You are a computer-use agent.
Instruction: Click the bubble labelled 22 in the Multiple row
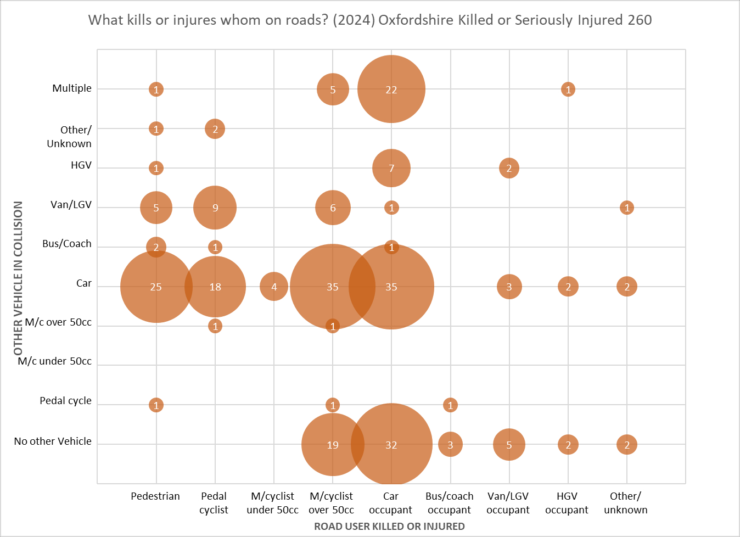click(x=391, y=89)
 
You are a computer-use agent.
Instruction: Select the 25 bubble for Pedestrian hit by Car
click(x=156, y=287)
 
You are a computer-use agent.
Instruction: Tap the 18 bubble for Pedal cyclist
click(x=215, y=287)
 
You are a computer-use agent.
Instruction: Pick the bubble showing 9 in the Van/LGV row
click(x=215, y=208)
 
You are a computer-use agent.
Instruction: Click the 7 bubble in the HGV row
click(x=391, y=168)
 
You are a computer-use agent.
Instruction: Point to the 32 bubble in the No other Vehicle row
click(x=391, y=445)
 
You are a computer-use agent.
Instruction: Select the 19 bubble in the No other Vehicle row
click(x=332, y=445)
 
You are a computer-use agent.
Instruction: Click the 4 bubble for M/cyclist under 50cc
click(x=274, y=287)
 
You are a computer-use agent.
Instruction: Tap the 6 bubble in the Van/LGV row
click(x=333, y=208)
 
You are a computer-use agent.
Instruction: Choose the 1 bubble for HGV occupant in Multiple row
click(x=568, y=89)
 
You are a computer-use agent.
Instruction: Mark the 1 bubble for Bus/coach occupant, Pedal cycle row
click(x=450, y=405)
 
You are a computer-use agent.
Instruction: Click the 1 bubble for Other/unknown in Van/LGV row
click(x=627, y=208)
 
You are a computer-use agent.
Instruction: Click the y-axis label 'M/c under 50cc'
click(x=55, y=361)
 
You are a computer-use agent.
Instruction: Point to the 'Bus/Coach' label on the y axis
click(x=67, y=244)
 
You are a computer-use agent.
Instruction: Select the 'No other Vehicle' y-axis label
click(x=53, y=441)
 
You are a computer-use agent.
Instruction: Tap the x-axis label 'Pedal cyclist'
click(x=214, y=503)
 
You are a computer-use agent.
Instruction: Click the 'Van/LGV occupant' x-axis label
click(x=508, y=503)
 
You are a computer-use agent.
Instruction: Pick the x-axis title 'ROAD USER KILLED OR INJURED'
click(x=389, y=526)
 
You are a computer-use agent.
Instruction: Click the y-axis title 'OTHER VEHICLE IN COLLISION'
click(x=18, y=278)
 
